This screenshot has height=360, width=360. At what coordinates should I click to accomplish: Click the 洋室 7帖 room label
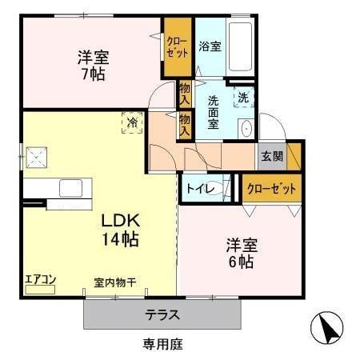pyautogui.click(x=93, y=66)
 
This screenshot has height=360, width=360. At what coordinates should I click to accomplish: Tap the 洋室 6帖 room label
pyautogui.click(x=240, y=253)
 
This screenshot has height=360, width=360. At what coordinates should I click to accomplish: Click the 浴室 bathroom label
pyautogui.click(x=210, y=46)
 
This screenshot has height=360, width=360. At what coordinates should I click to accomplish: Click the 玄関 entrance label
pyautogui.click(x=271, y=157)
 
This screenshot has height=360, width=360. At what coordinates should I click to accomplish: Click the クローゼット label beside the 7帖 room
pyautogui.click(x=177, y=47)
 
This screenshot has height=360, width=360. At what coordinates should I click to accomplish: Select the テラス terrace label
pyautogui.click(x=162, y=314)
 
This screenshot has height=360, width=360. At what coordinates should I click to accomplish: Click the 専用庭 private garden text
pyautogui.click(x=162, y=344)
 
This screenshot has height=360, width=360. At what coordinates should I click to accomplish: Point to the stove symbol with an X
pyautogui.click(x=35, y=156)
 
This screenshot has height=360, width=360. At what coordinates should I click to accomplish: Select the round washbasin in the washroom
pyautogui.click(x=246, y=129)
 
